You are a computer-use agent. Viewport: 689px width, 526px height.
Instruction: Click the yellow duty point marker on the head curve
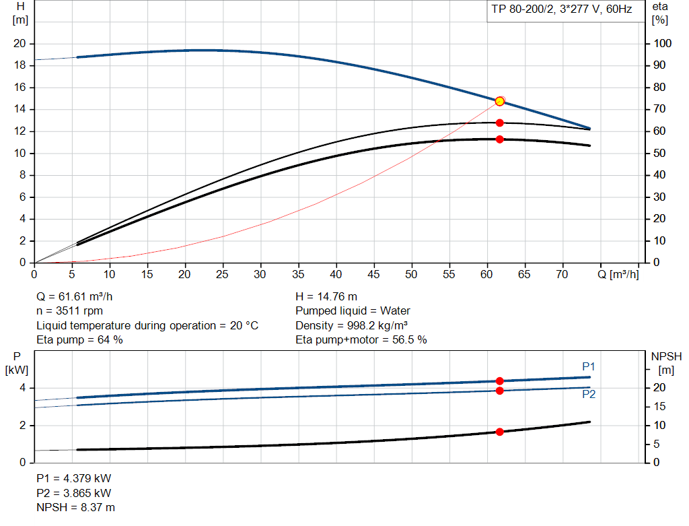[499, 101]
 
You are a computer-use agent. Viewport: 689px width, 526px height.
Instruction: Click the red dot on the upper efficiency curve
[499, 123]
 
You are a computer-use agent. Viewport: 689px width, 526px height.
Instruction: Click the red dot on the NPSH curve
[499, 432]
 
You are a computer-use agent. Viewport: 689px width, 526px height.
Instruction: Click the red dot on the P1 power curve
[499, 381]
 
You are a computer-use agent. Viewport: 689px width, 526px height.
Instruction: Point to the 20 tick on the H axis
[20, 44]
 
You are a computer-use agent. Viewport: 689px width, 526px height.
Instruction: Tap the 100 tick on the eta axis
[663, 44]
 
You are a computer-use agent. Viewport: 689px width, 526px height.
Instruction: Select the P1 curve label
[588, 366]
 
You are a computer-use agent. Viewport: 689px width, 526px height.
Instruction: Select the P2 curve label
[588, 395]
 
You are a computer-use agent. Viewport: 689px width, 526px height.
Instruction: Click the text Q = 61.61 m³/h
[79, 296]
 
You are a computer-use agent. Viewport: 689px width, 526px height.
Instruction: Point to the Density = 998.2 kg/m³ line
[352, 325]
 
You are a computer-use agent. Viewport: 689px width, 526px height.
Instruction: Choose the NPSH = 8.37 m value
[75, 507]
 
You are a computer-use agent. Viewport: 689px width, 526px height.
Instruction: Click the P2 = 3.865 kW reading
[73, 493]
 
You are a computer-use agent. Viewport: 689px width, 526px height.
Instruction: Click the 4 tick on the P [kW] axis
[22, 388]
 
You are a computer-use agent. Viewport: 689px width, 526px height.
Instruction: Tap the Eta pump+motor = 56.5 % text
[361, 340]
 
